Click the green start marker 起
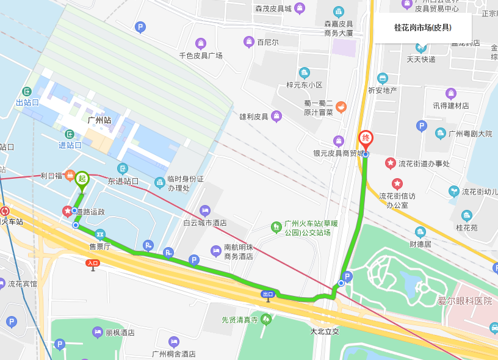tap(82, 178)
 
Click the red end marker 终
tap(366, 137)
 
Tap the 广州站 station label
tap(99, 121)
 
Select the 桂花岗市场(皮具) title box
tap(423, 27)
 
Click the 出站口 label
tap(27, 103)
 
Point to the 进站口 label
tap(70, 145)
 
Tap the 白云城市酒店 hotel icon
tap(204, 211)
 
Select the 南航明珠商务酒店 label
tap(238, 252)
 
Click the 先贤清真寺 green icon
tap(265, 319)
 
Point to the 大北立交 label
tap(324, 332)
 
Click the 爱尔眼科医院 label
tap(464, 301)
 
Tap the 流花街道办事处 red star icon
tap(391, 163)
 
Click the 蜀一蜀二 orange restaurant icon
tap(341, 107)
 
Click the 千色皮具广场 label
tap(200, 56)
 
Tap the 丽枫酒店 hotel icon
tap(98, 332)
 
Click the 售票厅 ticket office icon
tap(99, 234)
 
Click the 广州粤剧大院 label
tap(470, 134)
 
